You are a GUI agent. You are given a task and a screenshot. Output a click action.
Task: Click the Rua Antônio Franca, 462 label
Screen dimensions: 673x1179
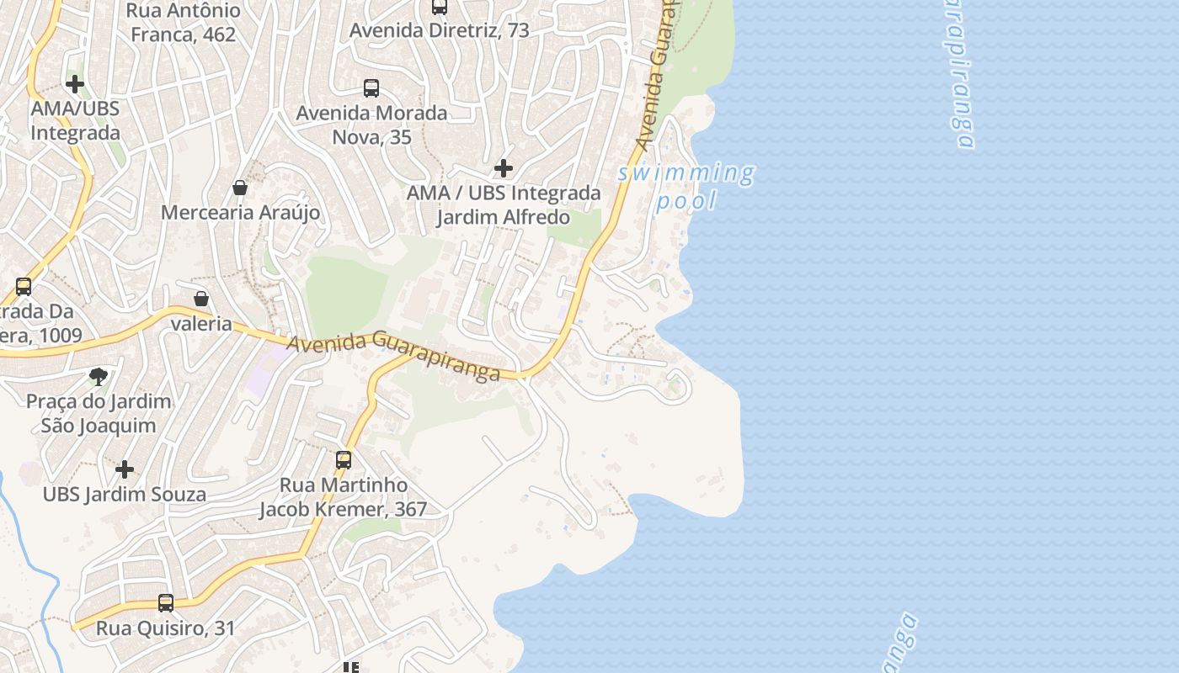(183, 23)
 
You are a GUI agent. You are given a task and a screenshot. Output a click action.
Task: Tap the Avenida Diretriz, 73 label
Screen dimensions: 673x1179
(439, 30)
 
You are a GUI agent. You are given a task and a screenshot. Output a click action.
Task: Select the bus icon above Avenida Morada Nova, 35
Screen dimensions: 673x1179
(371, 87)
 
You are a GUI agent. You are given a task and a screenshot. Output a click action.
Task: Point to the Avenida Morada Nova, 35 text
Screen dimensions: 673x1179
(371, 125)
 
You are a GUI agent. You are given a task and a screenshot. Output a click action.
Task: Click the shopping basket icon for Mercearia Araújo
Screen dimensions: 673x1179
(240, 187)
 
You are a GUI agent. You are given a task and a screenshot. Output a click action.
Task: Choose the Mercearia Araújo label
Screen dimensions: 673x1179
(240, 212)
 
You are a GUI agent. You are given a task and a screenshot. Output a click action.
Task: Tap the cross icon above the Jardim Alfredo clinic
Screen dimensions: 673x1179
(504, 168)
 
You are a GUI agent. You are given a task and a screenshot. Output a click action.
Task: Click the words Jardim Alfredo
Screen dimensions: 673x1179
(503, 217)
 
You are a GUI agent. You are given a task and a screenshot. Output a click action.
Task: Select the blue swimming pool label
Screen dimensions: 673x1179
(686, 187)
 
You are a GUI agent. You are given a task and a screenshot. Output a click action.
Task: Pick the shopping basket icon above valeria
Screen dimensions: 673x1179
(201, 299)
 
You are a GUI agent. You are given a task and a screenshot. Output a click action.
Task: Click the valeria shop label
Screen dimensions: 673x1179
(201, 323)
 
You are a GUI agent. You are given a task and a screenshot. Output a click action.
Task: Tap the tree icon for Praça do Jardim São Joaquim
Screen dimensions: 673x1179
(99, 375)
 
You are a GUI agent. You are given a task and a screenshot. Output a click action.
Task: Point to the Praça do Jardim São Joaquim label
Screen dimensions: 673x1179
(99, 413)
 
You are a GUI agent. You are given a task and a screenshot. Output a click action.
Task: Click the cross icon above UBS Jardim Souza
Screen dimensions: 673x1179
(125, 469)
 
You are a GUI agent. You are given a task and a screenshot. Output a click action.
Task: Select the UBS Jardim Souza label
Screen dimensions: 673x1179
(125, 494)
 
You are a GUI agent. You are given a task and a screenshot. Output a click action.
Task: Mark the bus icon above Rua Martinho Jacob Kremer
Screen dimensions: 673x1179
(344, 460)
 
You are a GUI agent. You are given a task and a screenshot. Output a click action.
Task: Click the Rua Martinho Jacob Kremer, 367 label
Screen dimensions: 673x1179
(343, 497)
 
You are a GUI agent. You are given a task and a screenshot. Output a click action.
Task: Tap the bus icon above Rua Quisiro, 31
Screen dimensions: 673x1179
(166, 603)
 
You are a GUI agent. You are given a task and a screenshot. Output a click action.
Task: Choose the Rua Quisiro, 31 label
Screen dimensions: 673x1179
(166, 628)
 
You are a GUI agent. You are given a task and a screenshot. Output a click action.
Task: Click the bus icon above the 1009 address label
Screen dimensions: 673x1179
(24, 286)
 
